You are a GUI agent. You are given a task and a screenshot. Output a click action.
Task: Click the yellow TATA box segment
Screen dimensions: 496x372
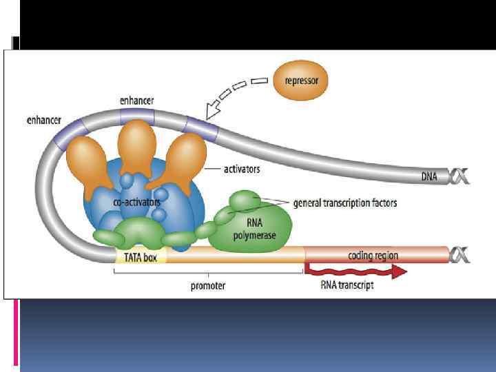141,257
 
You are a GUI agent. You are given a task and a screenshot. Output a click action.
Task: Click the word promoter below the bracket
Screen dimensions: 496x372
207,286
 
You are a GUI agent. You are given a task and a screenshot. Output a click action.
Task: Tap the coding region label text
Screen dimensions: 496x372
373,256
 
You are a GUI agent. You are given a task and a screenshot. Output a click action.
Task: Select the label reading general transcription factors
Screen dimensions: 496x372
345,203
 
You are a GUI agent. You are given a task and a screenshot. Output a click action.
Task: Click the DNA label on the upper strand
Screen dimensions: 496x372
430,177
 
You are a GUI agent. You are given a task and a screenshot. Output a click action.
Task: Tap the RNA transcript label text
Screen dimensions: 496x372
347,285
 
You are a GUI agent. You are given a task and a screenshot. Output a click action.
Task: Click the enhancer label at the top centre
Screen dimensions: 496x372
136,101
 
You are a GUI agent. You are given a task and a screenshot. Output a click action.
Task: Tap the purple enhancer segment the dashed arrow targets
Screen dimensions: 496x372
200,127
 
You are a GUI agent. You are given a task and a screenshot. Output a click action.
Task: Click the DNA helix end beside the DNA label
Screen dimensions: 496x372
459,177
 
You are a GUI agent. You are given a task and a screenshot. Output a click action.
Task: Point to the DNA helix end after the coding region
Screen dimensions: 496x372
459,256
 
